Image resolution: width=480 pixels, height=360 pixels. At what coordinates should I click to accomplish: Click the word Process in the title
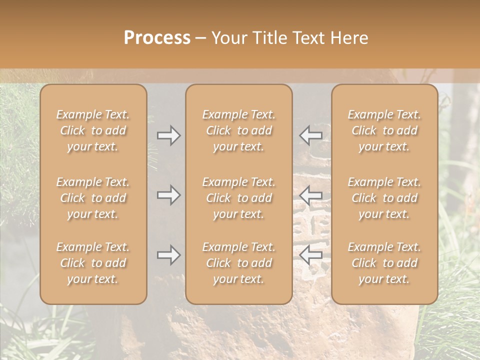pyautogui.click(x=157, y=38)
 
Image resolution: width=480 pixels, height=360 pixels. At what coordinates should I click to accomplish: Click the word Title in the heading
pyautogui.click(x=269, y=38)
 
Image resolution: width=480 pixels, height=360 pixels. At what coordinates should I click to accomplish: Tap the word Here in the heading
pyautogui.click(x=348, y=38)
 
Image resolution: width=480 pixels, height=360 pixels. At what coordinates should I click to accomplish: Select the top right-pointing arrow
pyautogui.click(x=168, y=135)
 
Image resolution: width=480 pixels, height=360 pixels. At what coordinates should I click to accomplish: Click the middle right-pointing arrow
pyautogui.click(x=168, y=195)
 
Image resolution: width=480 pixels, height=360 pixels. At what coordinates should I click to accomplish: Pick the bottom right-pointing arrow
pyautogui.click(x=168, y=255)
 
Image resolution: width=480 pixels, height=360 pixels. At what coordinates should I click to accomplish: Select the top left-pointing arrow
pyautogui.click(x=311, y=135)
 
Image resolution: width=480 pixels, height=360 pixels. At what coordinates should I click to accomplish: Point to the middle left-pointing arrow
pyautogui.click(x=311, y=195)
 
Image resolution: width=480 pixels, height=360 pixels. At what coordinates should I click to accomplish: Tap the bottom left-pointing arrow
pyautogui.click(x=311, y=255)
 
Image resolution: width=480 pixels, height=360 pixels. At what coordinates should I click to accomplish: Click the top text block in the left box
pyautogui.click(x=93, y=130)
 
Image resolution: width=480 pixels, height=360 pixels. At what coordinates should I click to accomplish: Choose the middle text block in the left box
pyautogui.click(x=93, y=198)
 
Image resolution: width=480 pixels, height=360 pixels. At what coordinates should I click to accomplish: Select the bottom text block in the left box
pyautogui.click(x=93, y=263)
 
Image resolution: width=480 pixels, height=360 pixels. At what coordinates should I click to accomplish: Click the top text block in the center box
pyautogui.click(x=238, y=130)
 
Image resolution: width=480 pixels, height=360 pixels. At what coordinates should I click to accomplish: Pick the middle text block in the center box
pyautogui.click(x=238, y=198)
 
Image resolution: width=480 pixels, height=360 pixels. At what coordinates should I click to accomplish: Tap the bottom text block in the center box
pyautogui.click(x=238, y=263)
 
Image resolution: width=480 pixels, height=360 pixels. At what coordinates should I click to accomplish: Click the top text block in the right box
pyautogui.click(x=384, y=130)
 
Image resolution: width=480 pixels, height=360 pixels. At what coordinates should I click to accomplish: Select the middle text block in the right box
pyautogui.click(x=384, y=198)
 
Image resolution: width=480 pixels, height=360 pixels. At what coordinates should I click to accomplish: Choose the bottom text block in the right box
pyautogui.click(x=384, y=263)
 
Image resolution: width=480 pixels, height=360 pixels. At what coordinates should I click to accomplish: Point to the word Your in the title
pyautogui.click(x=230, y=38)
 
